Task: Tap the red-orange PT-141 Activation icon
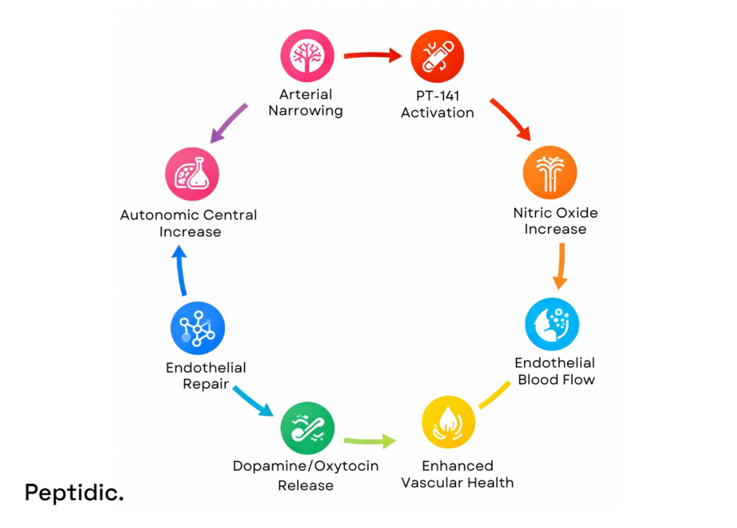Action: (x=437, y=57)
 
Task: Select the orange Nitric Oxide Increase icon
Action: (x=549, y=172)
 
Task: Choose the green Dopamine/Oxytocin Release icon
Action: (x=307, y=428)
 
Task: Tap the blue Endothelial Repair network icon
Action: (x=198, y=328)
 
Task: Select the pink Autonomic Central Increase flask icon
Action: (x=192, y=174)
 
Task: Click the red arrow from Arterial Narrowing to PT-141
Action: (x=373, y=56)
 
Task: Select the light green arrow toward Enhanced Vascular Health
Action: (x=369, y=441)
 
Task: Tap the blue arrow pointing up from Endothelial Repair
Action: (x=180, y=270)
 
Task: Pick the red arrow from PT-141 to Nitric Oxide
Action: (x=510, y=119)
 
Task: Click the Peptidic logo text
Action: (x=74, y=493)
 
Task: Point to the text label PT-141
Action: (x=437, y=96)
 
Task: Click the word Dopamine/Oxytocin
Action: (x=306, y=466)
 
